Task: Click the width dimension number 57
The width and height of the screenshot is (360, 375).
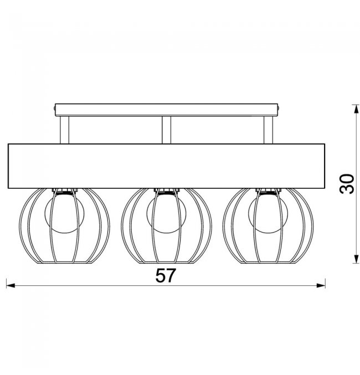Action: point(166,275)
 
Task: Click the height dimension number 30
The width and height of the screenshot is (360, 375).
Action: point(347,184)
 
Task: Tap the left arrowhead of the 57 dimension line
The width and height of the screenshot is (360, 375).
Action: point(11,285)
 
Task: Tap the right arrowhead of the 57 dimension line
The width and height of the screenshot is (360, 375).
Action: point(321,285)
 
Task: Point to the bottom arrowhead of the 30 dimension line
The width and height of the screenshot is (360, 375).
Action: point(356,259)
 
